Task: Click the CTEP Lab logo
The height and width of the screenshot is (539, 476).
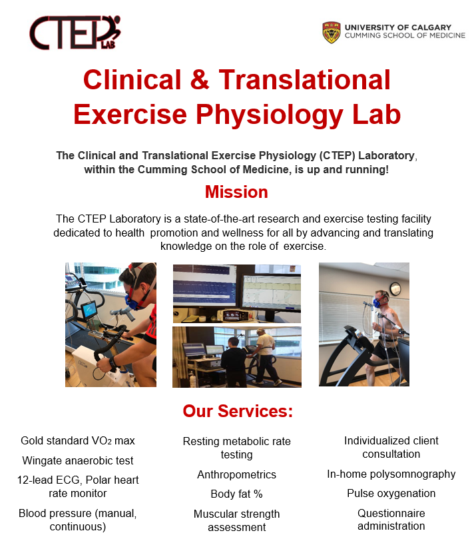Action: [75, 33]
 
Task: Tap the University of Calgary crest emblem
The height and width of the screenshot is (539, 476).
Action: [331, 32]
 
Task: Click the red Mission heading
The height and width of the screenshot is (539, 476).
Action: [236, 193]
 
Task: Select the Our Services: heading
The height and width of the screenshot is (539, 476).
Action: [238, 411]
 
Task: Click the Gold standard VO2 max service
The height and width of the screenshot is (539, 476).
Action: [78, 440]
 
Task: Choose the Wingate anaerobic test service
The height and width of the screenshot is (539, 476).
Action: [78, 460]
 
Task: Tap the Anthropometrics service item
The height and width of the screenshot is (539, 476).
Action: [236, 475]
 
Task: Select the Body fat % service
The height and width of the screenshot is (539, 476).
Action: [236, 494]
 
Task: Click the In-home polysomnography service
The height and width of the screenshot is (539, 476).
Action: [391, 474]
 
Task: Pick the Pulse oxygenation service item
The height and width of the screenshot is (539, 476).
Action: [391, 494]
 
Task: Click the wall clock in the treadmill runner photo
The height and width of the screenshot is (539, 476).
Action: [395, 288]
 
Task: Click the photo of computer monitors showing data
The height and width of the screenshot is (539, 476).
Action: [236, 293]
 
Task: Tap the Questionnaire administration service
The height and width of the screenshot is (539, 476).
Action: [391, 520]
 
